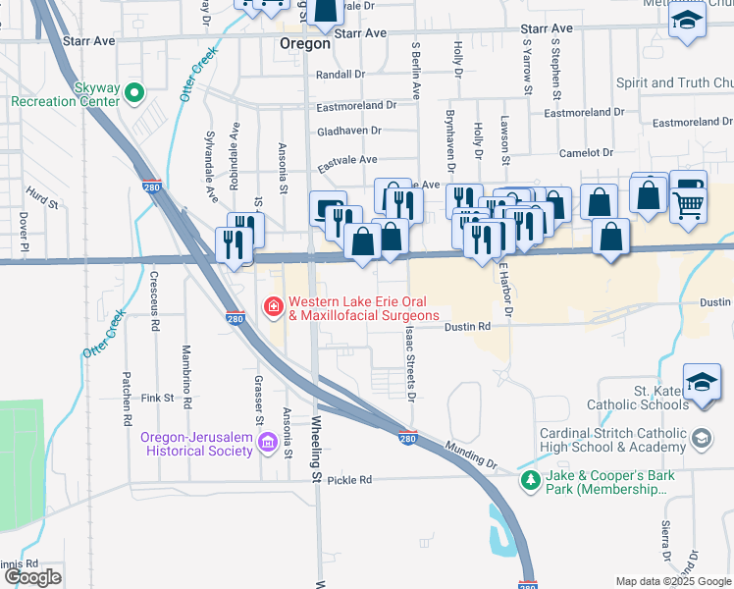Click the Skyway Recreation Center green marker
[x=135, y=94]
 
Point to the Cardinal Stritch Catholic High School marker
[x=702, y=439]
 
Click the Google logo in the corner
[x=33, y=577]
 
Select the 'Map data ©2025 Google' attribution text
[x=672, y=581]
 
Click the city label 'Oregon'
[x=304, y=43]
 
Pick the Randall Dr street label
[x=341, y=74]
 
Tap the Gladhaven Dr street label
[x=348, y=130]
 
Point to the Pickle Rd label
[x=350, y=480]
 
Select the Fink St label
[x=156, y=399]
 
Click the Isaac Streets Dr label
[x=409, y=364]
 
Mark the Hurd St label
[x=43, y=200]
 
